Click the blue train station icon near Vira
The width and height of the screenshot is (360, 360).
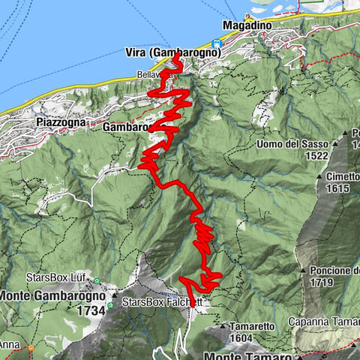coord(216,43)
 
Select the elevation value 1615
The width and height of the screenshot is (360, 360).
coord(338,189)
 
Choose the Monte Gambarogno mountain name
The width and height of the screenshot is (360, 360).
coord(51,295)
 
